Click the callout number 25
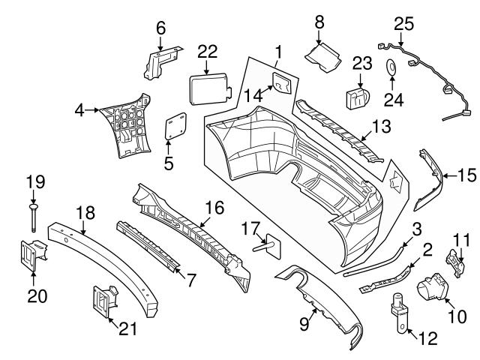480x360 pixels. click(x=403, y=23)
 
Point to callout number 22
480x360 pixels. click(x=208, y=50)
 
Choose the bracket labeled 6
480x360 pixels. click(x=160, y=62)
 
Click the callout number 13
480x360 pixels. click(x=381, y=128)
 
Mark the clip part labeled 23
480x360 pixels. click(x=358, y=98)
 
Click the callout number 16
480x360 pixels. click(x=214, y=208)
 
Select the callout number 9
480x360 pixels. click(x=303, y=325)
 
